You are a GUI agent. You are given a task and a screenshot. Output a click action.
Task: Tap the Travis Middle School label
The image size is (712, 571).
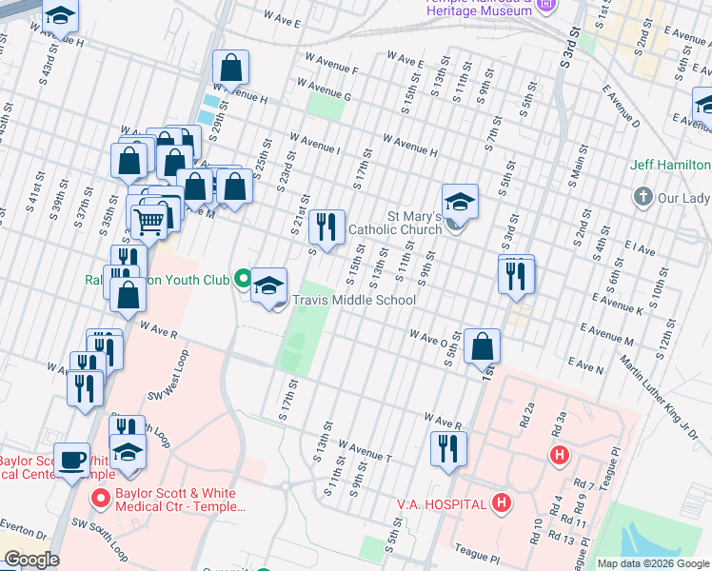click(x=354, y=300)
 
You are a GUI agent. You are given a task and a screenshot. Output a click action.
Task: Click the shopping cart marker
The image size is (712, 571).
click(x=149, y=222)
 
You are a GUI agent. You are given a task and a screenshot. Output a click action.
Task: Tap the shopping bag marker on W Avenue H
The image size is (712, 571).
click(x=230, y=68)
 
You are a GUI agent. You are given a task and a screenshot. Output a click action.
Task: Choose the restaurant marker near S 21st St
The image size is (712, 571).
click(x=326, y=226)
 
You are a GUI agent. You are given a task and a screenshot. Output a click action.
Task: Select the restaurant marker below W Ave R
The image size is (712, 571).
click(x=448, y=448)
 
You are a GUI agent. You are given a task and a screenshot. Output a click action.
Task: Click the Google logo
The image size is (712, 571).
click(x=30, y=560)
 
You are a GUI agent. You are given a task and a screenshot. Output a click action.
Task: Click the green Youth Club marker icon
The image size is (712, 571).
click(x=244, y=280)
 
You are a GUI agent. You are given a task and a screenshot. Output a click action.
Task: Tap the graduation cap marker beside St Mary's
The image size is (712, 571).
click(x=460, y=201)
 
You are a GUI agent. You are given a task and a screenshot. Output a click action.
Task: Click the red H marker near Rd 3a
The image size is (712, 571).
click(x=560, y=456)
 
